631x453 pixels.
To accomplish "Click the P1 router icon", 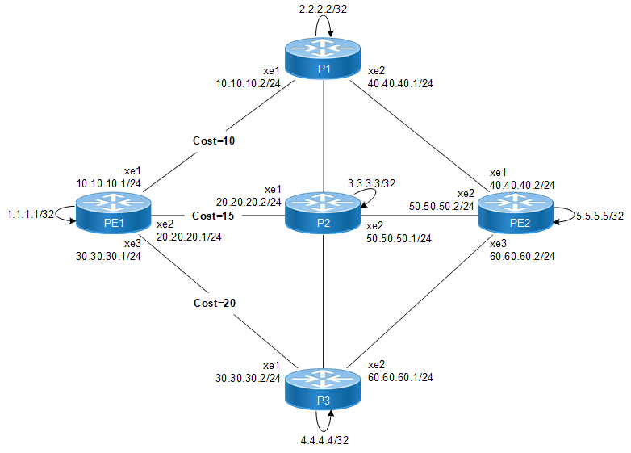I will (x=324, y=58).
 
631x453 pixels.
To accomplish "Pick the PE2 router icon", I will (x=516, y=215).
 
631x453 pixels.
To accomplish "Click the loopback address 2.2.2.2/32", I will (x=324, y=8).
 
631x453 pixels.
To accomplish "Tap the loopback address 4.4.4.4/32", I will (x=324, y=441).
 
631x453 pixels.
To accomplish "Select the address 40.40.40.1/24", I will (x=400, y=82).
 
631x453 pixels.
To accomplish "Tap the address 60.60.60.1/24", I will (x=400, y=377).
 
